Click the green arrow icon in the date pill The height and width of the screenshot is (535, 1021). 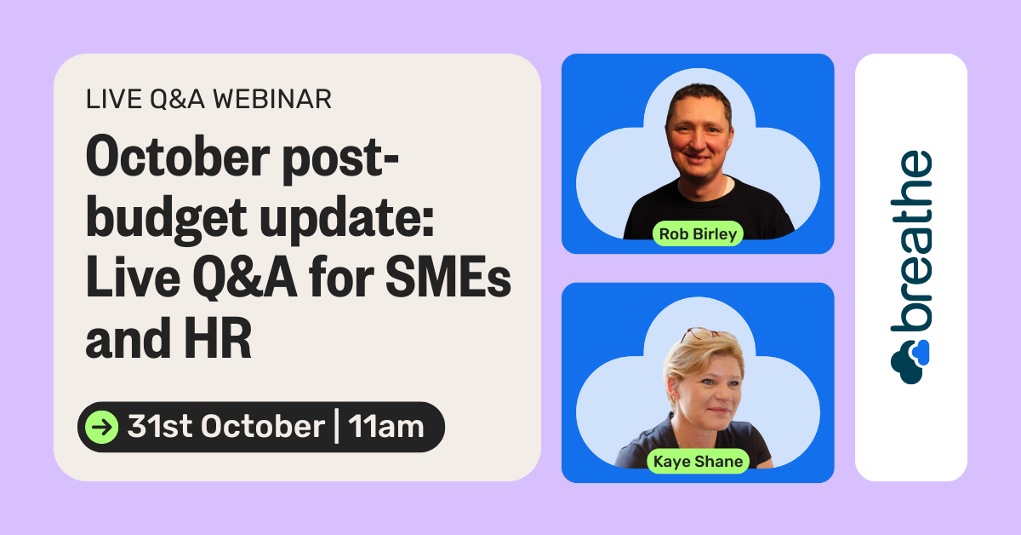click(103, 427)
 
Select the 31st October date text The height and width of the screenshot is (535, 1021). click(226, 427)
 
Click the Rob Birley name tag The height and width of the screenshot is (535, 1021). click(698, 233)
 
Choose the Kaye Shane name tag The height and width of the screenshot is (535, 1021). click(698, 462)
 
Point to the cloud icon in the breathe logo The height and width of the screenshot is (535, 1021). click(910, 357)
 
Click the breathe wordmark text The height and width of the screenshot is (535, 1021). click(911, 244)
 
